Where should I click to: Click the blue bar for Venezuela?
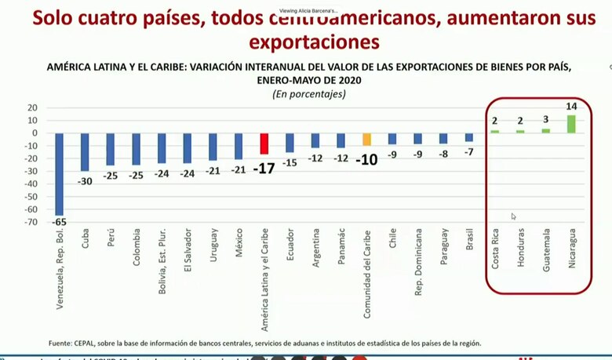[x=59, y=173]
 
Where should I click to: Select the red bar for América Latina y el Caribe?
[x=264, y=144]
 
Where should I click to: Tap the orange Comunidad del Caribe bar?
[x=366, y=139]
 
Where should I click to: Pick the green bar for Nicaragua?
[x=570, y=124]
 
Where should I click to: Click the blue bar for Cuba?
[x=85, y=151]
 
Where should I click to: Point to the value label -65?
[x=60, y=223]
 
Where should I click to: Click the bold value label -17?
[x=264, y=168]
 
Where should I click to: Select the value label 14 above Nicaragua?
[x=571, y=105]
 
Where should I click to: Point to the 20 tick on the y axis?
[x=32, y=107]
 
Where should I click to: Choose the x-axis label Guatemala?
[x=546, y=250]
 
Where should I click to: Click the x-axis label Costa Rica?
[x=495, y=250]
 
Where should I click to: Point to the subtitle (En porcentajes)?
[x=308, y=93]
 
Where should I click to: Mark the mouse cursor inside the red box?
[x=514, y=216]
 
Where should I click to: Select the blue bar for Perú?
[x=111, y=149]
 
